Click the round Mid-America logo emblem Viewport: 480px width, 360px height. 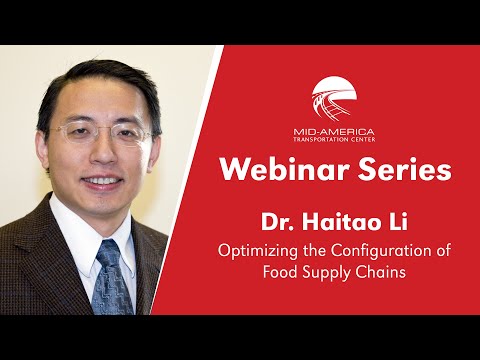coord(339,99)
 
